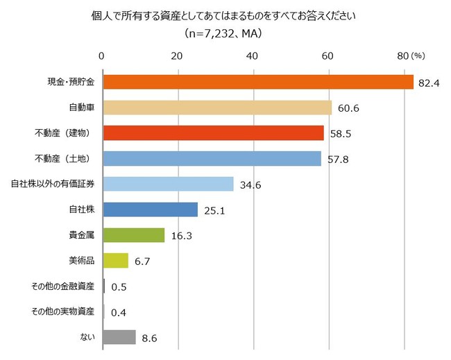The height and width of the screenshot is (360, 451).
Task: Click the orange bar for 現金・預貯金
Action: [257, 82]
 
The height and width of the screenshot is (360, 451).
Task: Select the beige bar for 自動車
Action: [216, 108]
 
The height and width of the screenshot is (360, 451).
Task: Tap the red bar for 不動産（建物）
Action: [213, 133]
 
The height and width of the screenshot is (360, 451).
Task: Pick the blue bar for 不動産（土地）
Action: [212, 158]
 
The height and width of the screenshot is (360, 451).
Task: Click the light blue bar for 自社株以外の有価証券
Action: [168, 184]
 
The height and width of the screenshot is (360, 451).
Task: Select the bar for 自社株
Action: [150, 209]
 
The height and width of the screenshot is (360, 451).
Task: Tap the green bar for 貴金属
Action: [133, 235]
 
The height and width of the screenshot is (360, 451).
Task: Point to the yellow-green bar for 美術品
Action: [115, 261]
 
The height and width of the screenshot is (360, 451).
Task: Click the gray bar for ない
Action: [119, 337]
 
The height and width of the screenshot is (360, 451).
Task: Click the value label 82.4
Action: [425, 83]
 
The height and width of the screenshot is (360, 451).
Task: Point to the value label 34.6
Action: [249, 185]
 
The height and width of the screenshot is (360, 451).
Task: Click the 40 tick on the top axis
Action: [253, 55]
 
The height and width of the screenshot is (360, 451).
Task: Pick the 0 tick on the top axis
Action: [102, 55]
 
